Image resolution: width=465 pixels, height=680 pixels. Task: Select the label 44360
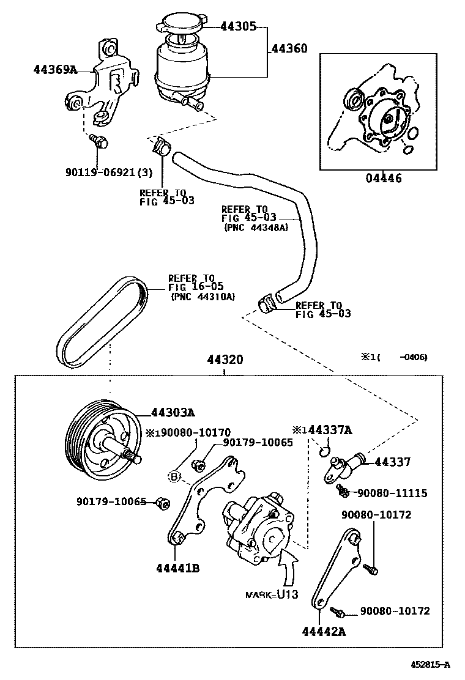pyautogui.click(x=289, y=48)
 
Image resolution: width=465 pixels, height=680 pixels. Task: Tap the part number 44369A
pyautogui.click(x=55, y=70)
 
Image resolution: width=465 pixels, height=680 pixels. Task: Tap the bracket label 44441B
pyautogui.click(x=177, y=567)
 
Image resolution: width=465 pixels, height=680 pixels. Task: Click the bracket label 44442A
pyautogui.click(x=324, y=631)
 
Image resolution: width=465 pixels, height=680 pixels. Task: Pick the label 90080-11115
pyautogui.click(x=392, y=493)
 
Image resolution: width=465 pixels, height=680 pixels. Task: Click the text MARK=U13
pyautogui.click(x=272, y=594)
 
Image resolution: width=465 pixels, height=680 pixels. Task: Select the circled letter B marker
pyautogui.click(x=174, y=475)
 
